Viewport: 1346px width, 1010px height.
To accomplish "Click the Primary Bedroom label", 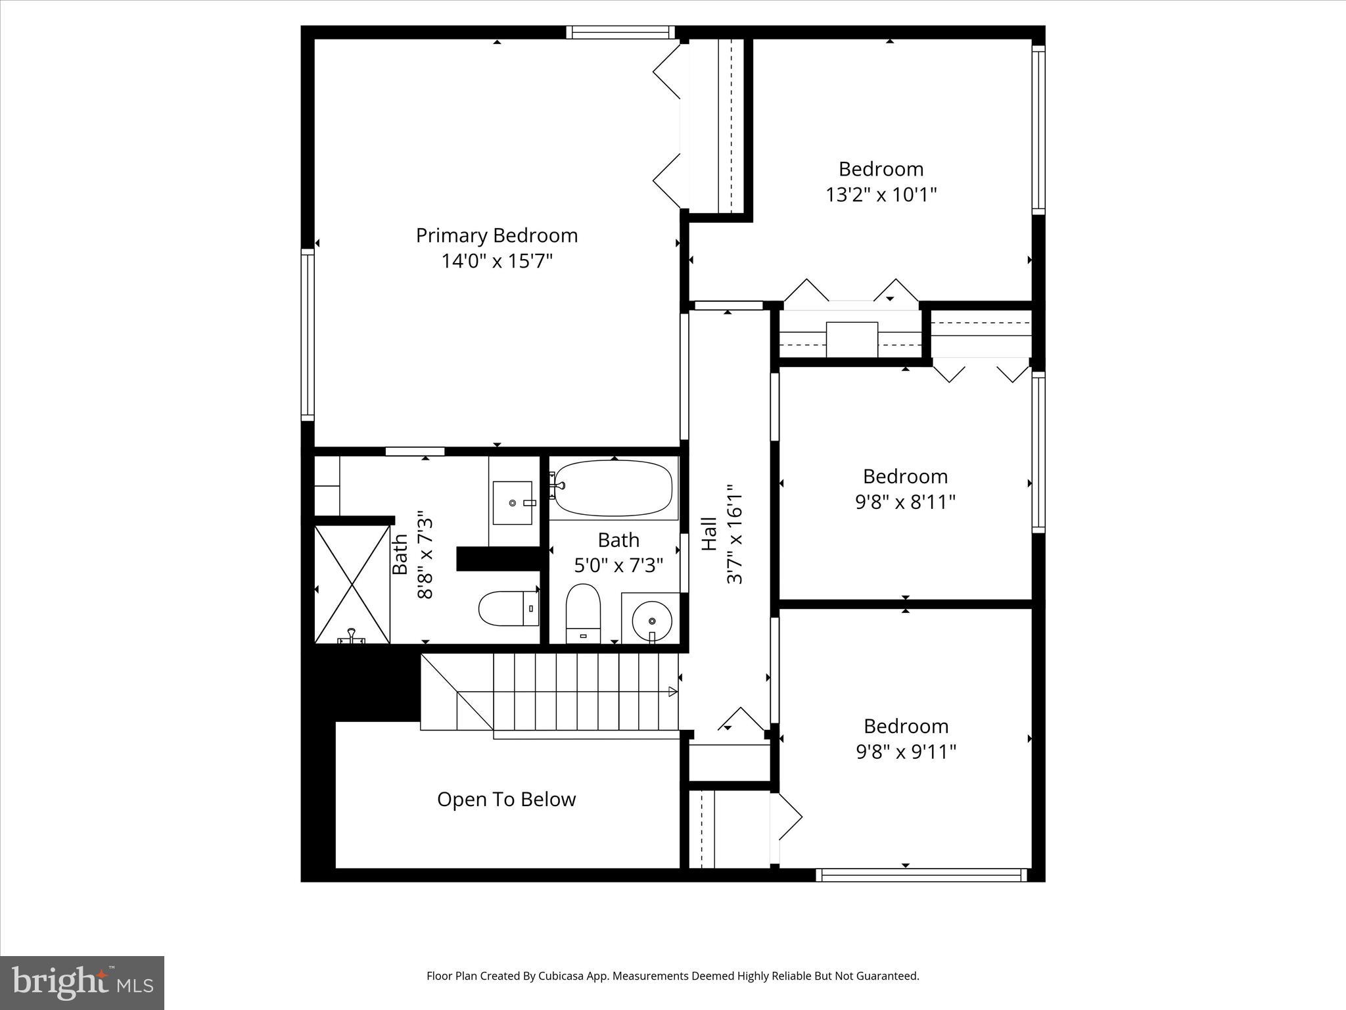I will (496, 235).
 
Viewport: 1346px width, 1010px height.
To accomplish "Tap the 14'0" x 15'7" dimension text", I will (496, 262).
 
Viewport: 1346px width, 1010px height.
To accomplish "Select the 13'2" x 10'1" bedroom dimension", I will (881, 195).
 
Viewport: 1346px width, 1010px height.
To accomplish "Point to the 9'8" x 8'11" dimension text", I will (905, 502).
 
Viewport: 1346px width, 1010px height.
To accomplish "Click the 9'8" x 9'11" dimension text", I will (906, 752).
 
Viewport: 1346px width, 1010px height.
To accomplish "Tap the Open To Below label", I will (506, 800).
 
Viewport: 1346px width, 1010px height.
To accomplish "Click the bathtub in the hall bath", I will (614, 488).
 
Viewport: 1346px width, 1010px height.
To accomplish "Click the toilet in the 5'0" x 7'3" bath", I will (583, 613).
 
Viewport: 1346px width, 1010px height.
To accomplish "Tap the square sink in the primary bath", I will (513, 503).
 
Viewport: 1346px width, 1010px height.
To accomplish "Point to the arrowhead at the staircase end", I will (672, 691).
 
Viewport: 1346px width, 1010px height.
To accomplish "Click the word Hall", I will (709, 534).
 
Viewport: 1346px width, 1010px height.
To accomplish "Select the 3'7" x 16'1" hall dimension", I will (734, 534).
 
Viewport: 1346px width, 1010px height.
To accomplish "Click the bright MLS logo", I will (82, 982).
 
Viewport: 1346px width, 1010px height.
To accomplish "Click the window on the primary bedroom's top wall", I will (620, 32).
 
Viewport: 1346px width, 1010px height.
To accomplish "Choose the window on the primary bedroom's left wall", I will (308, 334).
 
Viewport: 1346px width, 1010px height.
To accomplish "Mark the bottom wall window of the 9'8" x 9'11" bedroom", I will (921, 875).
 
